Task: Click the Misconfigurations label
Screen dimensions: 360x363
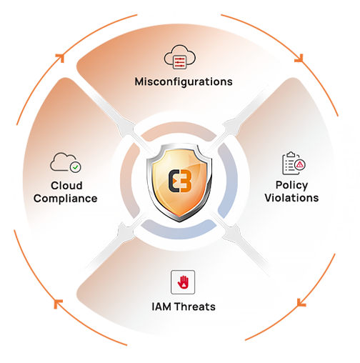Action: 184,82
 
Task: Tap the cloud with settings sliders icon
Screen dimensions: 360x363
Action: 180,56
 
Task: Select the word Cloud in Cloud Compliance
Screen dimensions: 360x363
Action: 66,186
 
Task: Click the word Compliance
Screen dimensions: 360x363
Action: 66,199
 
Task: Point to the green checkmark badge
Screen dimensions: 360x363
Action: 76,167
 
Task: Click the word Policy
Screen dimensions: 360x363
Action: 291,185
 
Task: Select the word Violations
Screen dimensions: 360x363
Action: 291,198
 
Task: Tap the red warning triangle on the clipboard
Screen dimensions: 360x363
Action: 300,164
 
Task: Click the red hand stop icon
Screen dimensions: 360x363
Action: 183,282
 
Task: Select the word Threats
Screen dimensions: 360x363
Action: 195,307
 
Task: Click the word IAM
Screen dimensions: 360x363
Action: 161,307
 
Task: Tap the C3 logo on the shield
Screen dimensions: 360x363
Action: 180,181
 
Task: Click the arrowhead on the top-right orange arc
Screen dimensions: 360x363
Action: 299,59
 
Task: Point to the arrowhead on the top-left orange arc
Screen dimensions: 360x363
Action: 61,58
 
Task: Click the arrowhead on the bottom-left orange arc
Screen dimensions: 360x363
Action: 57,304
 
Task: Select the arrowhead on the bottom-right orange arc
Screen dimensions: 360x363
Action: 301,302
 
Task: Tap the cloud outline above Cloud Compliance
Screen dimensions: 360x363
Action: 63,162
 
